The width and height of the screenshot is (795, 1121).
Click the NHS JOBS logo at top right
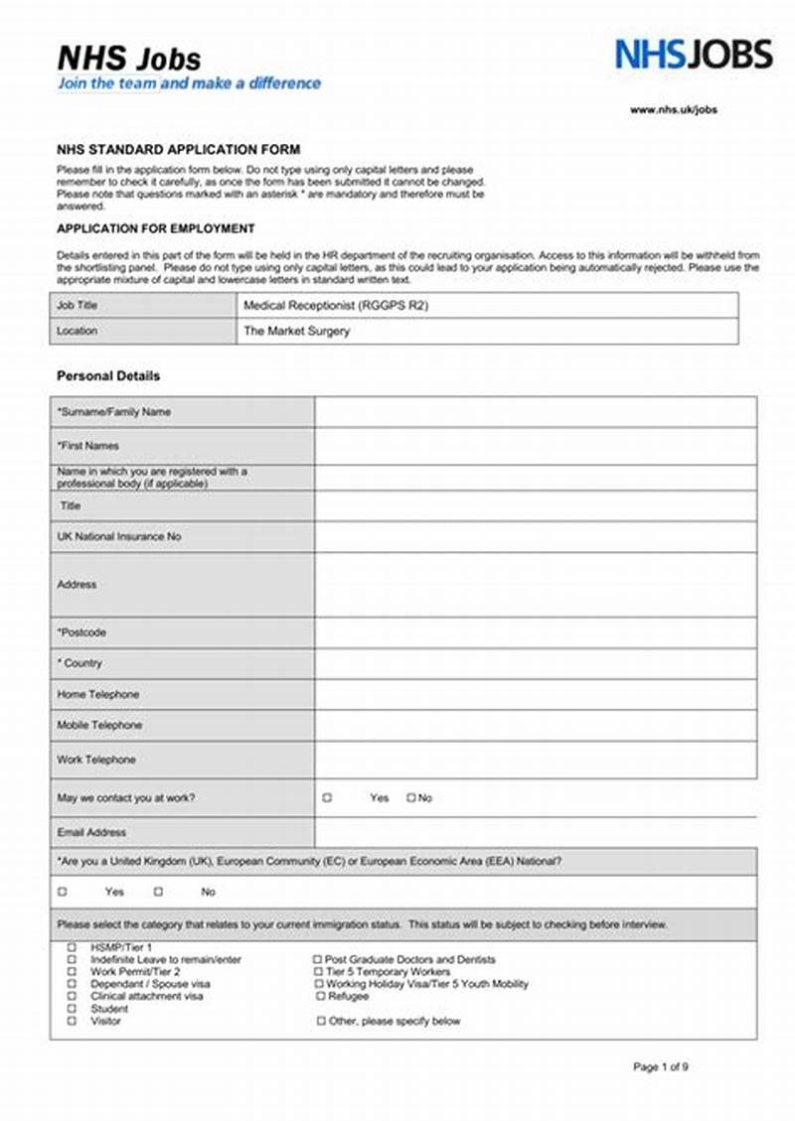tap(693, 54)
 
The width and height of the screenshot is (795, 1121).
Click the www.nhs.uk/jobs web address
tap(673, 110)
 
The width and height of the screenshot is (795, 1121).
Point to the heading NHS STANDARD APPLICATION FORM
tap(178, 150)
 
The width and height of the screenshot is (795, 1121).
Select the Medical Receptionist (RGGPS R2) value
tap(336, 306)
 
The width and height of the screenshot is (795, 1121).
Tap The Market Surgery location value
tap(297, 332)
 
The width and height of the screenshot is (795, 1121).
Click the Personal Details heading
tap(108, 376)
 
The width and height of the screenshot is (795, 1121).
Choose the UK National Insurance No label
tap(119, 536)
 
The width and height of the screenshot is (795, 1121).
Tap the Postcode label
tap(81, 632)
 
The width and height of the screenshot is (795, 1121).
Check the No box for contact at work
tap(410, 798)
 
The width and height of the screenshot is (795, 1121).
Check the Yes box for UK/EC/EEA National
tap(63, 892)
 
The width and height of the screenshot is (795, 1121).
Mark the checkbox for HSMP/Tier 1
tap(72, 947)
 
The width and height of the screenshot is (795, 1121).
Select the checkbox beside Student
tap(72, 1009)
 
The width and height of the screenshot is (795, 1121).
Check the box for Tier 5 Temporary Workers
tap(318, 972)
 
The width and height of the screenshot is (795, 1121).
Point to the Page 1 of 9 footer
tap(660, 1067)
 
